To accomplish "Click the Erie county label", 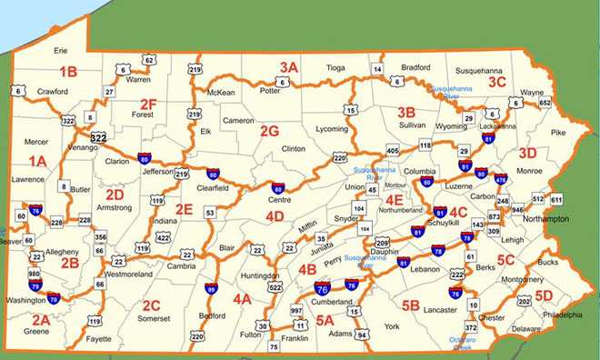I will [61, 51].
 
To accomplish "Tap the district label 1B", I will [68, 71].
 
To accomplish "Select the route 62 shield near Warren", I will [149, 60].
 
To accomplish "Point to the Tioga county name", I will [336, 67].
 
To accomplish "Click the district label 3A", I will [289, 66].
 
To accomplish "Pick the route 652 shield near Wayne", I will [545, 104].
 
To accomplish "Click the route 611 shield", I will [556, 199].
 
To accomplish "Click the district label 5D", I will [544, 295].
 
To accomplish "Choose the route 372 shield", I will [471, 327].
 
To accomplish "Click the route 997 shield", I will [295, 311].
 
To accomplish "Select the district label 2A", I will [40, 320].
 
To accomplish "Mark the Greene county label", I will [36, 332].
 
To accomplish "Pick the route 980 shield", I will [35, 273].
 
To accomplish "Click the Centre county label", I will [280, 199].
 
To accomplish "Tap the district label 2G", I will [269, 131].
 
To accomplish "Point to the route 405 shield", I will [393, 150].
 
